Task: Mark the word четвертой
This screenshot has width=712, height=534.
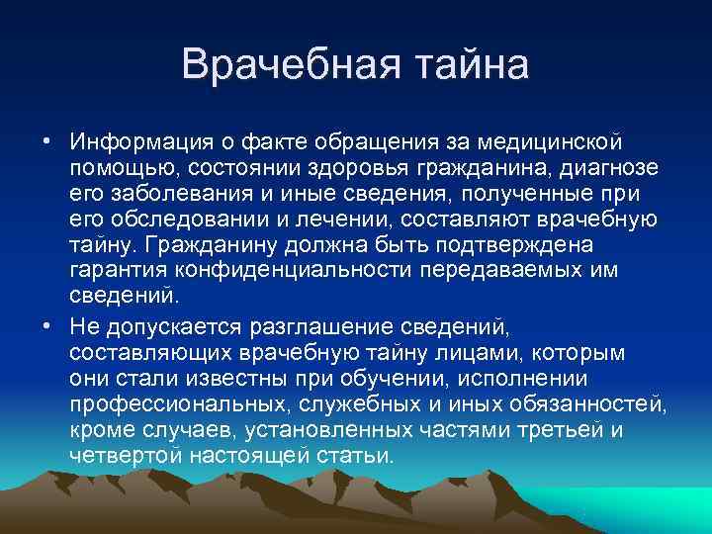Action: [123, 457]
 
